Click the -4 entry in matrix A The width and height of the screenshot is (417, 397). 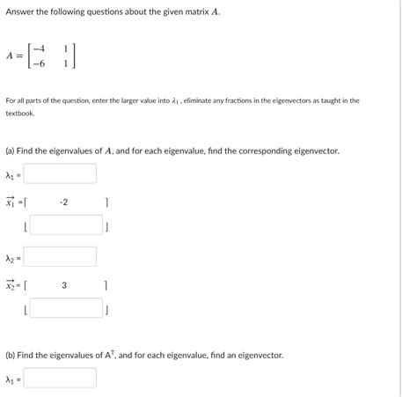click(x=40, y=47)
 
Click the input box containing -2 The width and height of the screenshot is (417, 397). click(x=64, y=202)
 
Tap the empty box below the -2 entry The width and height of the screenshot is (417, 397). click(x=65, y=225)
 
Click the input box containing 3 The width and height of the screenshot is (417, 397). click(x=64, y=285)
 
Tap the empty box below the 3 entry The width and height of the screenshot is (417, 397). click(x=65, y=309)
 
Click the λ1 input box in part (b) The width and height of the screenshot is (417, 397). click(x=59, y=379)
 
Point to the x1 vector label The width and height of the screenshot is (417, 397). click(x=11, y=202)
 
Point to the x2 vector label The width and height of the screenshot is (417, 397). click(x=11, y=285)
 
